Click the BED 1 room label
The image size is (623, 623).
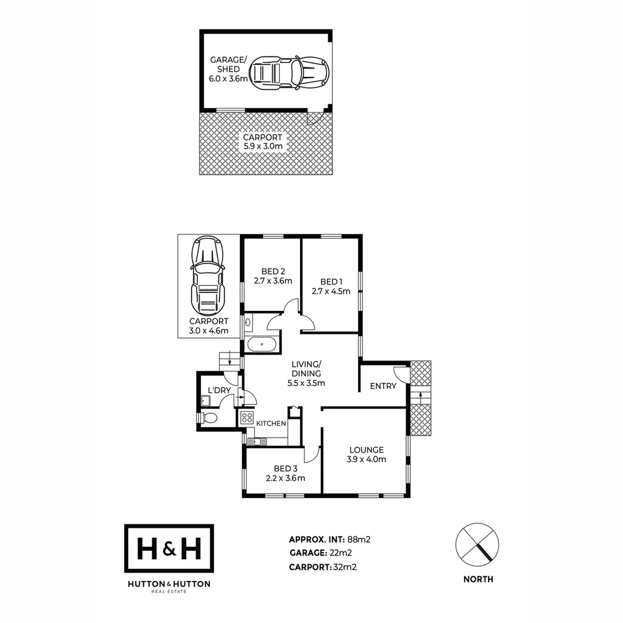[331, 282]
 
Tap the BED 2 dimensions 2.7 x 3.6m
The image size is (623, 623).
[273, 281]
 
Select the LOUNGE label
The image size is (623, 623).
[366, 450]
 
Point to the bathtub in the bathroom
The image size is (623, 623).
[262, 345]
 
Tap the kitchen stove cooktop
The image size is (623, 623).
[247, 418]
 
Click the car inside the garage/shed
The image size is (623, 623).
[292, 72]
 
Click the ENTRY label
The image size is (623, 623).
[383, 386]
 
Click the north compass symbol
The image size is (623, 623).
[477, 545]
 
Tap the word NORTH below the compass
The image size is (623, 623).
[478, 579]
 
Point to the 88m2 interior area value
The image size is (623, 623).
[358, 540]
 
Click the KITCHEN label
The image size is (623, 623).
[271, 423]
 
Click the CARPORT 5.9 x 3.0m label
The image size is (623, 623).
[262, 142]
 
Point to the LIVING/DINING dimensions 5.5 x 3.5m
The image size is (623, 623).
[306, 382]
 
